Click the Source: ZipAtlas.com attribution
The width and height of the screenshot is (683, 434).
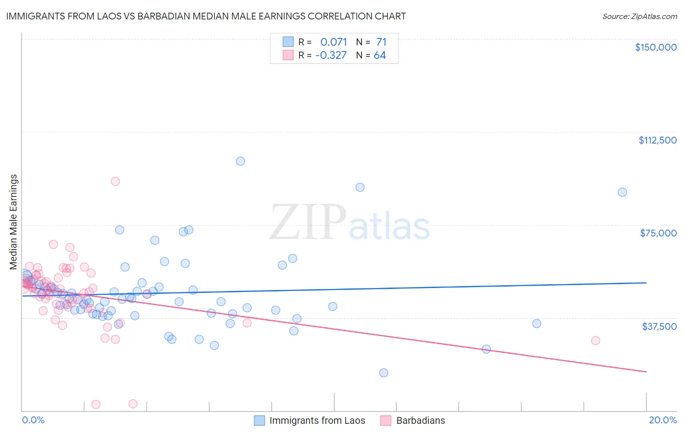pos(639,16)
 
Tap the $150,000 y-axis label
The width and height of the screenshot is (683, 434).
pos(655,47)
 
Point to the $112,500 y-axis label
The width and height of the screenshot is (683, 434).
pos(657,140)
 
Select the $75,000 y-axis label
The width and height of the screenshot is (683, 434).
pos(658,233)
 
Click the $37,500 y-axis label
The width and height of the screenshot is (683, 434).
pos(659,326)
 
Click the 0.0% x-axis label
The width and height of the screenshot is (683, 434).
pos(33,420)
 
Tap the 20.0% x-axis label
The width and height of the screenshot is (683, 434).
pos(663,420)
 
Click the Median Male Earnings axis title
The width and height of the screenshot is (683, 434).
pos(14,222)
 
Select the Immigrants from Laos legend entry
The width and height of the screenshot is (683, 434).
pos(317,420)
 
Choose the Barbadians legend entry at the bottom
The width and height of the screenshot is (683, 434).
pos(420,420)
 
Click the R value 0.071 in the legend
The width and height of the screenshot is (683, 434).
pos(333,42)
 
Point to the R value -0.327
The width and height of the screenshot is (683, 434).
pos(331,55)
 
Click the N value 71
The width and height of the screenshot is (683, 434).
pos(381,42)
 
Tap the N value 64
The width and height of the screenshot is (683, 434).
pos(380,55)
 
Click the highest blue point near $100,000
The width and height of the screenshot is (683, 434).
pos(240,161)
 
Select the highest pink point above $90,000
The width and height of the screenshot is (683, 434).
pos(115,181)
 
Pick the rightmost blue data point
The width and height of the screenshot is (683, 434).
pos(622,192)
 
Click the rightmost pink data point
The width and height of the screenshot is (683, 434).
pos(596,341)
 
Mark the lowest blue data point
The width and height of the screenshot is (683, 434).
pos(384,373)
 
